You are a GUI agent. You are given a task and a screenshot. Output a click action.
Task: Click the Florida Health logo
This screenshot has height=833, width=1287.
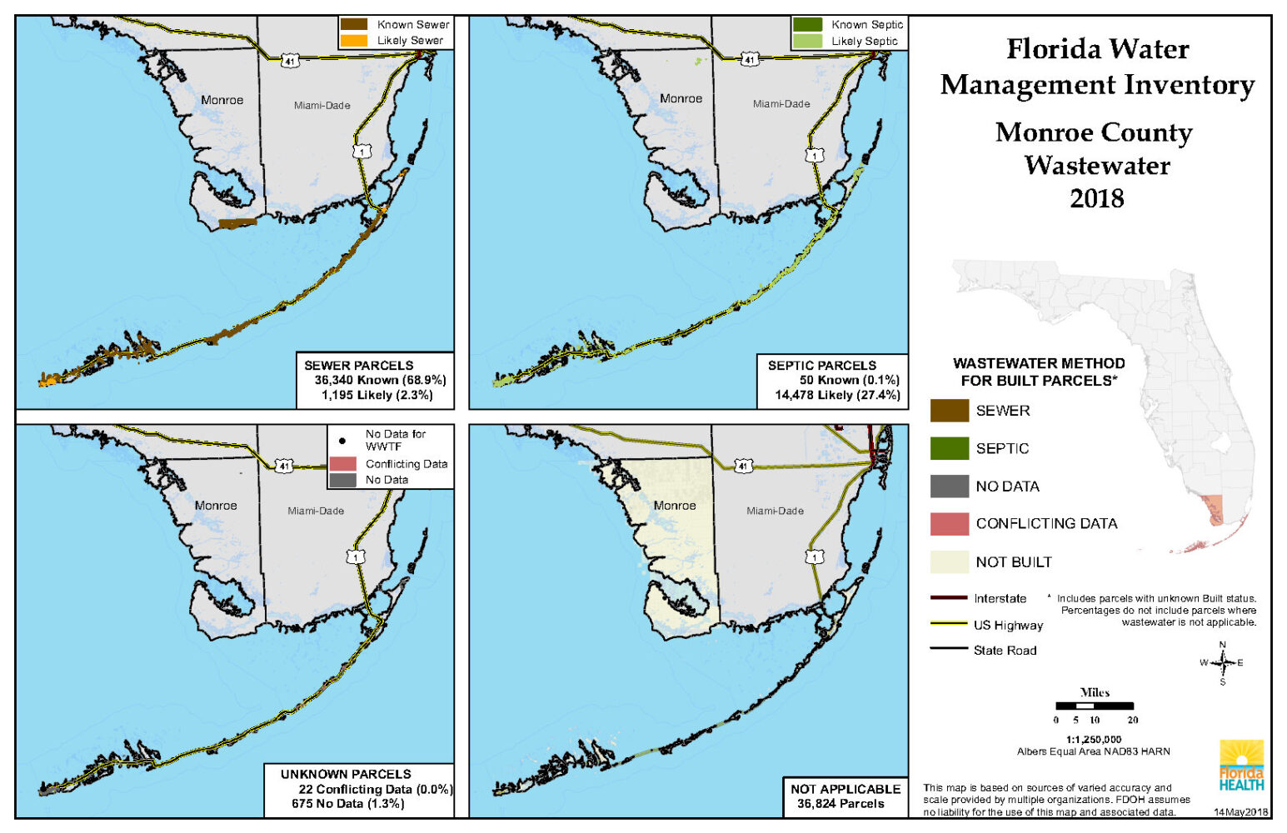click(1241, 765)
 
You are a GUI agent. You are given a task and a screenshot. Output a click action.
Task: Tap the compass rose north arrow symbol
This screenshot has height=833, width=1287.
click(1223, 663)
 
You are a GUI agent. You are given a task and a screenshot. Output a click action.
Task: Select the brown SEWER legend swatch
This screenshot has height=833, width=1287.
click(949, 411)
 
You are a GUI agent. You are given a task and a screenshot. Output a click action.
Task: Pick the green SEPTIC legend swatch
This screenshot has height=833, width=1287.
click(949, 448)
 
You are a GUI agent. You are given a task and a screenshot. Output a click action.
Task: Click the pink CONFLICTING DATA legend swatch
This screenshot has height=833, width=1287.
click(949, 524)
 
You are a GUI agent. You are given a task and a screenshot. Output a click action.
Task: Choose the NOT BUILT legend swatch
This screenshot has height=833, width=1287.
click(949, 562)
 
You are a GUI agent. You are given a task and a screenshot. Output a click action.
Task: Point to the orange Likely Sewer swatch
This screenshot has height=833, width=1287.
click(354, 40)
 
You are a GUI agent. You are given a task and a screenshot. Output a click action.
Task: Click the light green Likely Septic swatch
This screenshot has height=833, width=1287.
click(807, 41)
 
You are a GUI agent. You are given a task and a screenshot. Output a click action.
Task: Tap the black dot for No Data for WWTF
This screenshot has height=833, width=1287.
click(342, 441)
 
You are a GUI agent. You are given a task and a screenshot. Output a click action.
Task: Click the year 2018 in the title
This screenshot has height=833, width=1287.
click(1096, 198)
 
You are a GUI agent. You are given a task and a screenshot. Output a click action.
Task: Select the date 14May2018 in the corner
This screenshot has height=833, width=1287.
click(1240, 811)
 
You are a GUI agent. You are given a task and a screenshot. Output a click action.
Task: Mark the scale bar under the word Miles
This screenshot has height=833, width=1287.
click(1094, 706)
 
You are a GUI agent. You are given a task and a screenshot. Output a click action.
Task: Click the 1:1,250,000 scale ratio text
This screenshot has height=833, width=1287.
click(1093, 739)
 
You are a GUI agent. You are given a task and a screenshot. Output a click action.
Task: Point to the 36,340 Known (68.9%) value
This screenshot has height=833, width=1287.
click(380, 380)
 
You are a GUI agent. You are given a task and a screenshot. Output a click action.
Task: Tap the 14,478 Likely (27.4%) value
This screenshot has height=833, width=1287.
click(837, 395)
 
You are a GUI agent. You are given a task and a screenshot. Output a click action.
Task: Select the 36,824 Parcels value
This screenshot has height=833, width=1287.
click(841, 803)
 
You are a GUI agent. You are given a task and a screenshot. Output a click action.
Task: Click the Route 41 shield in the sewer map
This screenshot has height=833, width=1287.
click(289, 61)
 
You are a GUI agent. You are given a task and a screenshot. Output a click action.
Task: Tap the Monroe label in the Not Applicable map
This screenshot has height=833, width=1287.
click(674, 506)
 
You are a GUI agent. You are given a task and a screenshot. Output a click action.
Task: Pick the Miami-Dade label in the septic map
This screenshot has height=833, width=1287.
click(781, 104)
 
